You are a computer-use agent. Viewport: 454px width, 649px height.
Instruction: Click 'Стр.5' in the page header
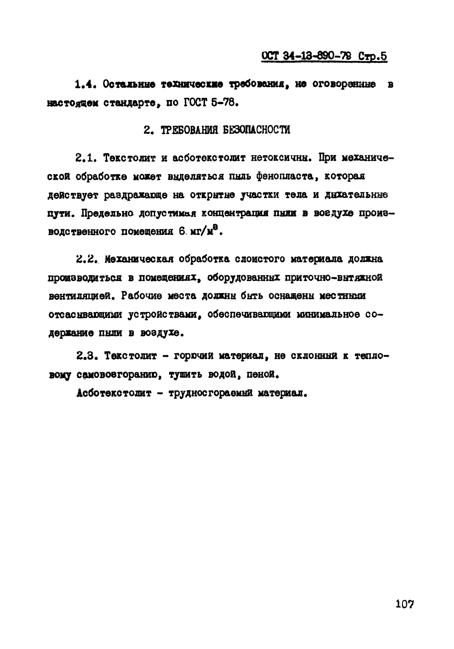[372, 56]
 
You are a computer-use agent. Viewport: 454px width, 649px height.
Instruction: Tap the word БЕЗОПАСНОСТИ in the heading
[256, 130]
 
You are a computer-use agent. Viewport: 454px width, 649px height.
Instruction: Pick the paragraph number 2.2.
[86, 259]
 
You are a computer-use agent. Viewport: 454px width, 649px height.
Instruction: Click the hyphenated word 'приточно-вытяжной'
[334, 278]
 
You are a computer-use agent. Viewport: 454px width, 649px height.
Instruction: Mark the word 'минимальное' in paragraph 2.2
[328, 315]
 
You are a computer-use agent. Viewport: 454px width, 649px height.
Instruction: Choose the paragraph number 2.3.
[86, 356]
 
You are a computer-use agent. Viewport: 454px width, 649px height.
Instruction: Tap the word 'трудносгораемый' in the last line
[210, 393]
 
